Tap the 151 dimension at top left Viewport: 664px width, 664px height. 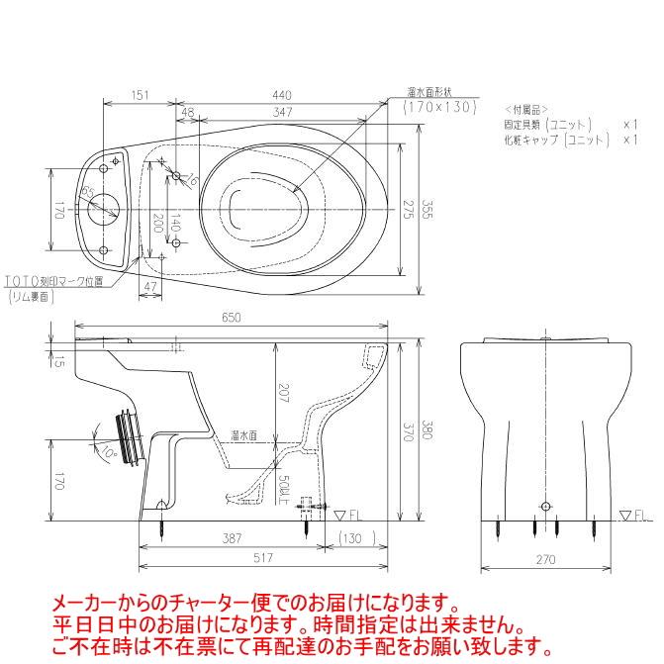(140, 95)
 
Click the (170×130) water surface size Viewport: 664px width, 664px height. (440, 105)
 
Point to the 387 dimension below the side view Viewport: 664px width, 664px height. (230, 538)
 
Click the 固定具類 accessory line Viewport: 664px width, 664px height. (547, 125)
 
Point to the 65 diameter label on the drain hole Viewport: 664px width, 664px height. (89, 192)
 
